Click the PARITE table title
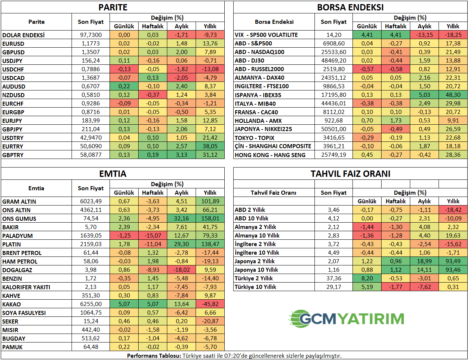click(113, 7)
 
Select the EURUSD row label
click(13, 44)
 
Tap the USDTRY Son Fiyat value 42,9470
click(91, 138)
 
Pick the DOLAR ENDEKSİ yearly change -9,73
click(210, 35)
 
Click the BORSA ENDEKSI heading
click(350, 7)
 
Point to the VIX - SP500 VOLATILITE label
click(266, 35)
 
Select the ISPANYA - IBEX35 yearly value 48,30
click(453, 95)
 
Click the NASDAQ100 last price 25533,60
click(333, 52)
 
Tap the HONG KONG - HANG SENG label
click(270, 155)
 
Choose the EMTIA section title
click(113, 173)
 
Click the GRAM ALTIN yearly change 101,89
click(210, 201)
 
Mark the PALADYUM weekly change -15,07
click(153, 236)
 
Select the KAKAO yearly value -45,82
click(210, 304)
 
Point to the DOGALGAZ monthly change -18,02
click(181, 270)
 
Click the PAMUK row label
click(12, 347)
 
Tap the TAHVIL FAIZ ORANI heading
click(350, 173)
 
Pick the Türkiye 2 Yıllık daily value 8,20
click(367, 278)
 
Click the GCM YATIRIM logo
click(347, 319)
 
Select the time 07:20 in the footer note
click(232, 356)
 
